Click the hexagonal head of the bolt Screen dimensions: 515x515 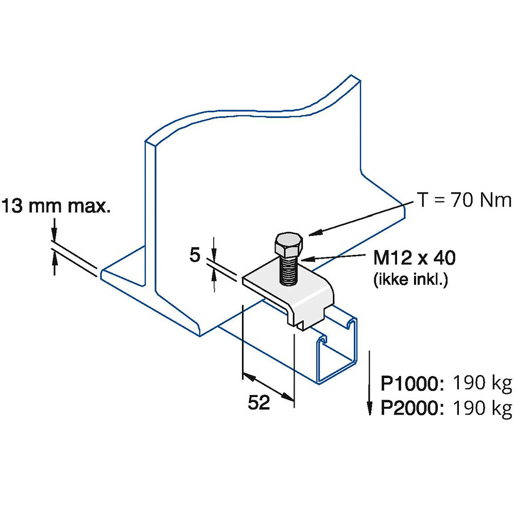pyautogui.click(x=288, y=245)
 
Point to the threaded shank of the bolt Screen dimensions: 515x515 pyautogui.click(x=289, y=270)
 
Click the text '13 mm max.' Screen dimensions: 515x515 pyautogui.click(x=56, y=206)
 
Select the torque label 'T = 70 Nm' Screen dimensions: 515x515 pyautogui.click(x=465, y=200)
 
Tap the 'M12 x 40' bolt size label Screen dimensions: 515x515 pyautogui.click(x=415, y=257)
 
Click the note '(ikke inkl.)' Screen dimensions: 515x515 pyautogui.click(x=410, y=280)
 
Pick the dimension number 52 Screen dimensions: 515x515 pyautogui.click(x=259, y=402)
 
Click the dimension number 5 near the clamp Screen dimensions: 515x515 pyautogui.click(x=195, y=255)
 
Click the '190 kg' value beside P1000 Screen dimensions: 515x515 pyautogui.click(x=483, y=383)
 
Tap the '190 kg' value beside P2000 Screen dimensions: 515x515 pyautogui.click(x=483, y=408)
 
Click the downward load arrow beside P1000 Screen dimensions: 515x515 pyautogui.click(x=370, y=383)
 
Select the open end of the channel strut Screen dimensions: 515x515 pyautogui.click(x=336, y=351)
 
